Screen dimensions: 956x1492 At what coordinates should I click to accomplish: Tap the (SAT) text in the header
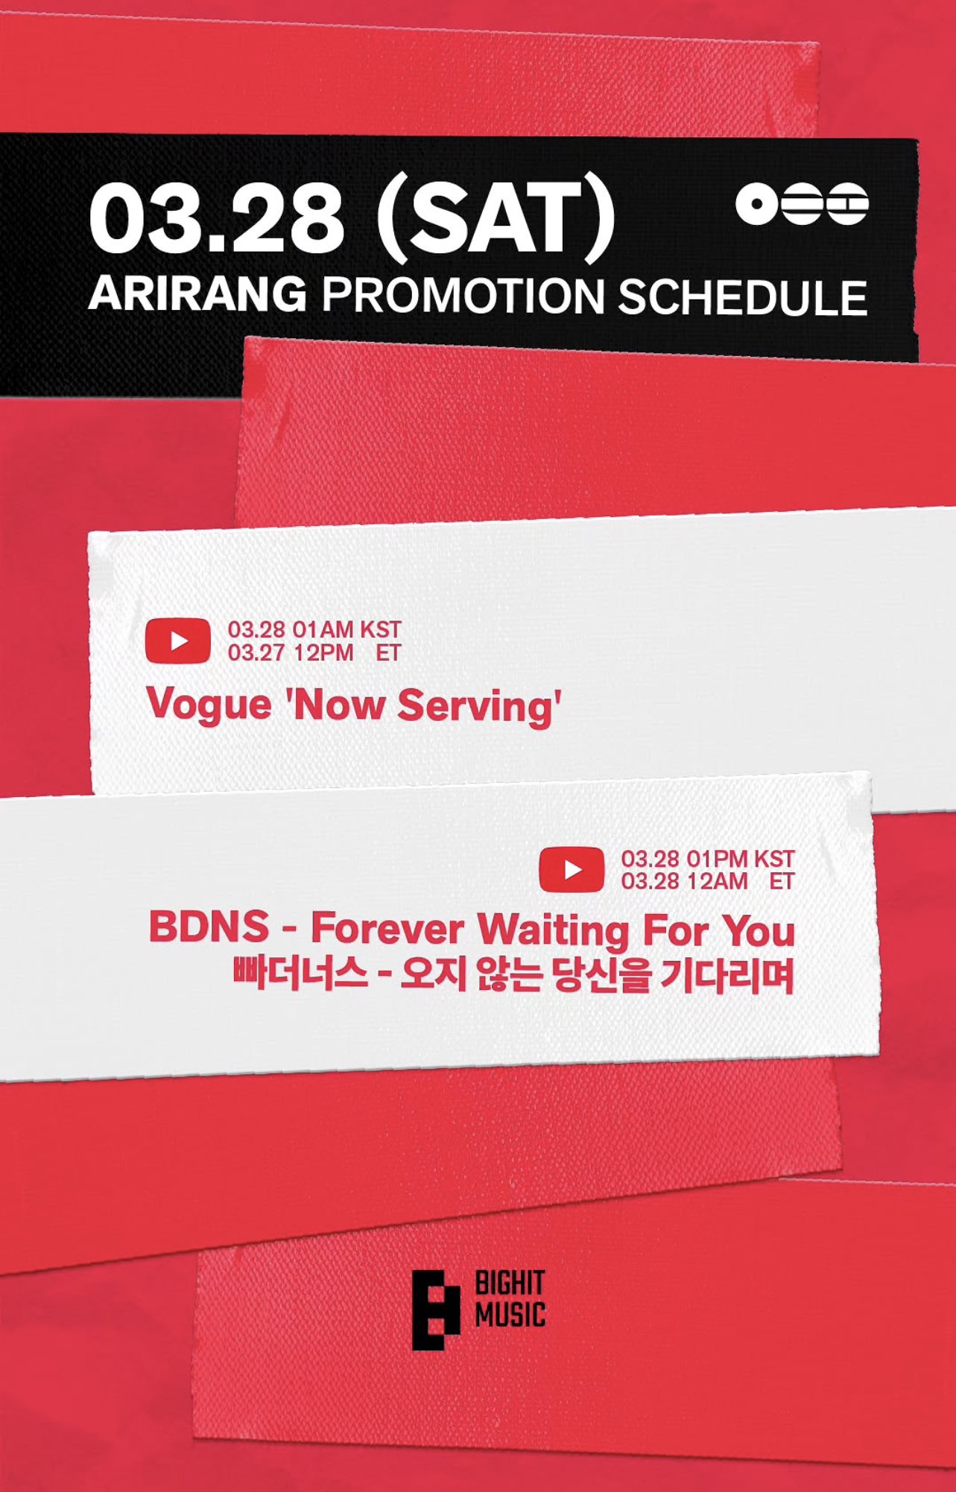(496, 220)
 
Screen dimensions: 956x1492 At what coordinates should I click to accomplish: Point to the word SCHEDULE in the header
(743, 297)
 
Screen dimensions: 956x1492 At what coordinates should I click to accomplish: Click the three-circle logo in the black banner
(802, 203)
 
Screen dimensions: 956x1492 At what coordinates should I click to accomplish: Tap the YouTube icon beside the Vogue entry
(178, 641)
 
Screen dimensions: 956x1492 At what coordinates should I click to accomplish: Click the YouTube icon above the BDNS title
(572, 869)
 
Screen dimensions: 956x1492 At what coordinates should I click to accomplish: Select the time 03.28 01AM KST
(314, 629)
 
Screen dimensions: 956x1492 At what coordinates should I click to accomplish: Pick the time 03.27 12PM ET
(314, 653)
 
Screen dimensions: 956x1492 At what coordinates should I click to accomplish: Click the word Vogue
(209, 705)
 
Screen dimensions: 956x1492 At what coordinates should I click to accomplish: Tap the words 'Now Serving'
(422, 706)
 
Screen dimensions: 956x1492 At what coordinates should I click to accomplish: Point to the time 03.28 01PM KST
(708, 859)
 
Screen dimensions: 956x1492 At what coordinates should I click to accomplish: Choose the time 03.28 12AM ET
(708, 881)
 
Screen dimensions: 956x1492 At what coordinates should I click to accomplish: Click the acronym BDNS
(209, 927)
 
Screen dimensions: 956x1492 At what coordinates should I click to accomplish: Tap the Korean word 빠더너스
(300, 973)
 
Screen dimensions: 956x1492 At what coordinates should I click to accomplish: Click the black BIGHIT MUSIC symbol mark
(436, 1310)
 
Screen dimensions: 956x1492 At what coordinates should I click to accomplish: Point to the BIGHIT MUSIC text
(510, 1300)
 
